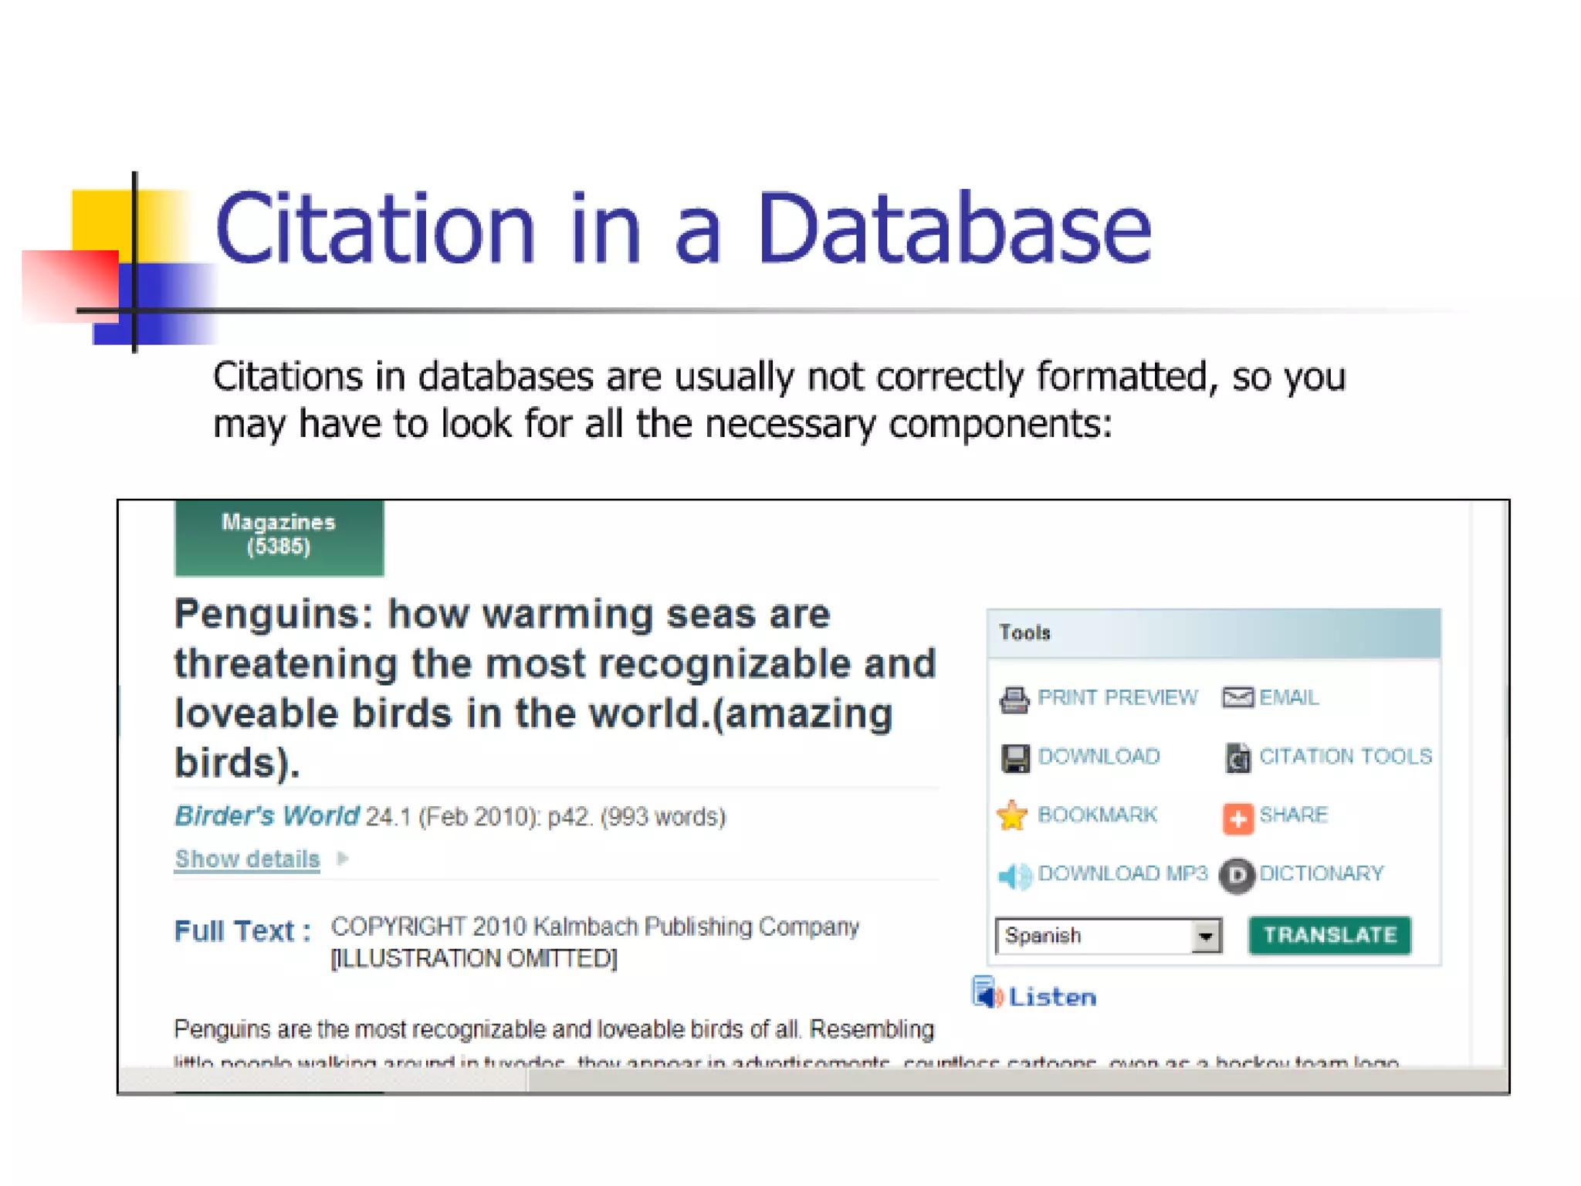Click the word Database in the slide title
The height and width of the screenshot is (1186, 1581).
click(x=954, y=229)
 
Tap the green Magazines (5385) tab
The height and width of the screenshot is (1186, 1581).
click(x=279, y=536)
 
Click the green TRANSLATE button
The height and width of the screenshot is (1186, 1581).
click(x=1329, y=935)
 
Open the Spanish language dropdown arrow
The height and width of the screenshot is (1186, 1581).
click(x=1205, y=937)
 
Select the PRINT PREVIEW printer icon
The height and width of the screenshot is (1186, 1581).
click(x=1014, y=699)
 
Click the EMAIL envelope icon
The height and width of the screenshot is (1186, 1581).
click(x=1237, y=698)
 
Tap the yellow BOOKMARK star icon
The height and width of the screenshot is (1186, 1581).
click(x=1012, y=815)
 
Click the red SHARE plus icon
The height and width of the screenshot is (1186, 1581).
click(x=1237, y=818)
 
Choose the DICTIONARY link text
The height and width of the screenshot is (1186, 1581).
click(x=1321, y=873)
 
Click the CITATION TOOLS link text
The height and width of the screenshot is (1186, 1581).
click(x=1345, y=756)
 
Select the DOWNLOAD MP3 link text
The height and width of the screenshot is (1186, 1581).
click(x=1122, y=873)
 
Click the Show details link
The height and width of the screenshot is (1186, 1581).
click(x=247, y=859)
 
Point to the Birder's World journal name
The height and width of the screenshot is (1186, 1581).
click(x=266, y=815)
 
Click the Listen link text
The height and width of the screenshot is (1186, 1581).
click(x=1051, y=997)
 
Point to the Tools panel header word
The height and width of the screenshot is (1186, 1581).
click(x=1024, y=632)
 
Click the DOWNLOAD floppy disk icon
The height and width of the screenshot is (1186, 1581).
click(x=1014, y=757)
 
